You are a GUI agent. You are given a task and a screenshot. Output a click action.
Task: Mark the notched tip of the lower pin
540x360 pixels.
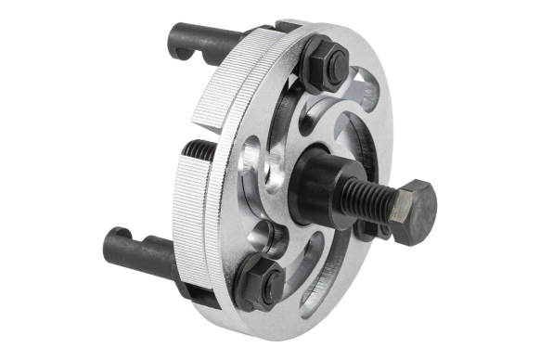tap(114, 239)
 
